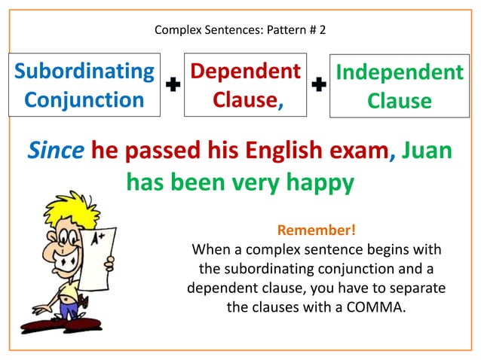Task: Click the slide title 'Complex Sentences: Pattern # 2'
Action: tap(240, 31)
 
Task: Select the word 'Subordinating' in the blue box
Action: tap(84, 72)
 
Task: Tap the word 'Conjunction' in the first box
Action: tap(84, 99)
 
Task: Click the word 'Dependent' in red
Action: tap(245, 72)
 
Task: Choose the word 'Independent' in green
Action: tap(400, 73)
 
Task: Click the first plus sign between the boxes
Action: tap(173, 86)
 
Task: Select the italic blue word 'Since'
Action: tap(56, 151)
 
